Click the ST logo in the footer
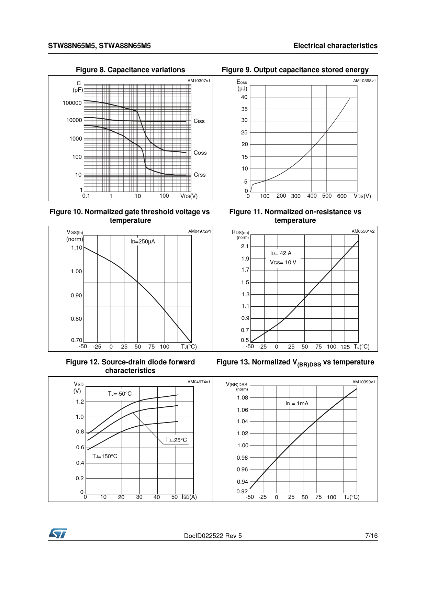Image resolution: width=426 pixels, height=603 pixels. tap(58, 534)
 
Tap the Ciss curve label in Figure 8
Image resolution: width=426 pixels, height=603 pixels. tap(199, 121)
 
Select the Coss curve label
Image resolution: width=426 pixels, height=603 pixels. tap(200, 153)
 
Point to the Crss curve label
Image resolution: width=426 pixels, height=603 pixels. tap(200, 175)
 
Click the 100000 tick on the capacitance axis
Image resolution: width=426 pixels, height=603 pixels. tap(72, 103)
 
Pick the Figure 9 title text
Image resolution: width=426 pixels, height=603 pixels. tap(295, 70)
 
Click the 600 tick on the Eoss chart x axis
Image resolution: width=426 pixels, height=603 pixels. tap(341, 196)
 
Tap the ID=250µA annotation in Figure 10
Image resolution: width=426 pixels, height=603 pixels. tap(143, 241)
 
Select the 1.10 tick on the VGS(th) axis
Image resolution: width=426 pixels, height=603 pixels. tap(77, 248)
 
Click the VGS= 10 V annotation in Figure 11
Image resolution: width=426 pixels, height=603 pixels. tap(283, 262)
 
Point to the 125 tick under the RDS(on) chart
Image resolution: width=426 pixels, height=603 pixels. tap(345, 347)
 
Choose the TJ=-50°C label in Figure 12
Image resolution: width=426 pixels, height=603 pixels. tap(120, 394)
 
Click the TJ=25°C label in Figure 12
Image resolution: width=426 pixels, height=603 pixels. tap(176, 440)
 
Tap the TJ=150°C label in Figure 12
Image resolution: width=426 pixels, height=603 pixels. tap(105, 456)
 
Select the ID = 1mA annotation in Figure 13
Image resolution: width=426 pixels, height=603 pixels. tap(297, 403)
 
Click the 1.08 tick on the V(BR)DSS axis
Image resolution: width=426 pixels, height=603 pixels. tap(242, 397)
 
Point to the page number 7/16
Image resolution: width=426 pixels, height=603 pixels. tap(371, 536)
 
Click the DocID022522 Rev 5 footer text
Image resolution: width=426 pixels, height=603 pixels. tap(213, 536)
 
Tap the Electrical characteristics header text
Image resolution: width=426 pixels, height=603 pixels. tap(335, 46)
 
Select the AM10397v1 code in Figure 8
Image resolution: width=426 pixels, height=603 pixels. tap(199, 81)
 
